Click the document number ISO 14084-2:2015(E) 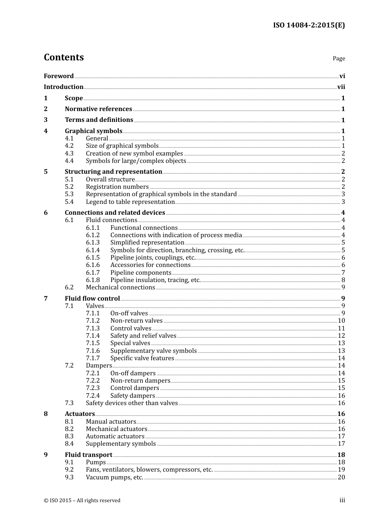[309, 25]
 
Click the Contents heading [64, 57]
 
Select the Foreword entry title [58, 76]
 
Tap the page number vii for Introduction [341, 87]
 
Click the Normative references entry [98, 109]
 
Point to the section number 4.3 [69, 153]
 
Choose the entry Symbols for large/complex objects [136, 161]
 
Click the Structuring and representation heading [113, 171]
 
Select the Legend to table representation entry [130, 202]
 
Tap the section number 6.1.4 [93, 250]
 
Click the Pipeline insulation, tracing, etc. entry [155, 280]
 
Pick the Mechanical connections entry [120, 287]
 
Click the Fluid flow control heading [92, 298]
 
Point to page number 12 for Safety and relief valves [341, 335]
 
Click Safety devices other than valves [132, 403]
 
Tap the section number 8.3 [69, 436]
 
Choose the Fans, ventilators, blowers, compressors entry [149, 469]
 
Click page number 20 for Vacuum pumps [341, 477]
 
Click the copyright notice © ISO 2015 [82, 500]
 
